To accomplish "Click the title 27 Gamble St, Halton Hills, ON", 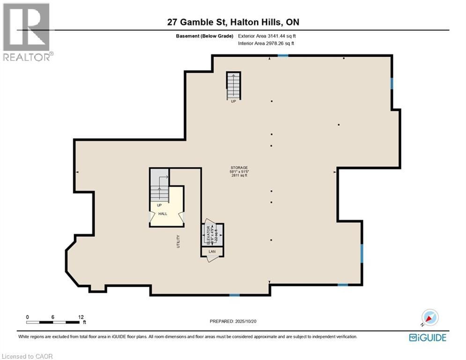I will point(233,22).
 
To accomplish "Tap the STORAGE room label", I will point(239,168).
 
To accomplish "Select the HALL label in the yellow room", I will point(163,214).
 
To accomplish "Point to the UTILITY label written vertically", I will point(178,241).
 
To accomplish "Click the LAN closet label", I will point(212,252).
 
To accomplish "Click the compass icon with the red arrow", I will point(429,318).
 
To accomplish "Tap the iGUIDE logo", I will point(427,337).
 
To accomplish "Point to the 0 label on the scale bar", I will point(28,317).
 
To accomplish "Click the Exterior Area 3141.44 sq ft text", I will point(266,36).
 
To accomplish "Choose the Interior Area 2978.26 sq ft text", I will point(266,44).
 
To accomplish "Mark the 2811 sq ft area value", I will point(239,176).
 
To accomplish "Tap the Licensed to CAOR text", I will point(27,357).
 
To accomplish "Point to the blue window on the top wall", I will point(283,56).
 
